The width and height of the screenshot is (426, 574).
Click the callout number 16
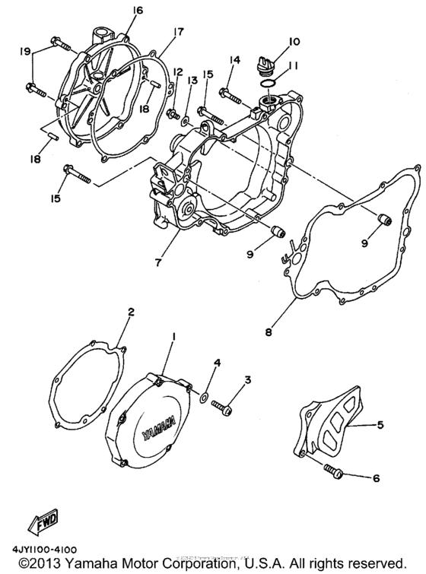click(137, 10)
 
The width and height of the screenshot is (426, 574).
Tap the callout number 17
click(178, 32)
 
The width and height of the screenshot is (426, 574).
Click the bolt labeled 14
click(230, 96)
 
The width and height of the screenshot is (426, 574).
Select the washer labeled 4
click(205, 396)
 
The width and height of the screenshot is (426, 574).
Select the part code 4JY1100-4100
click(46, 548)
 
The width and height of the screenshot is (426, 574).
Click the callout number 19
click(25, 52)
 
